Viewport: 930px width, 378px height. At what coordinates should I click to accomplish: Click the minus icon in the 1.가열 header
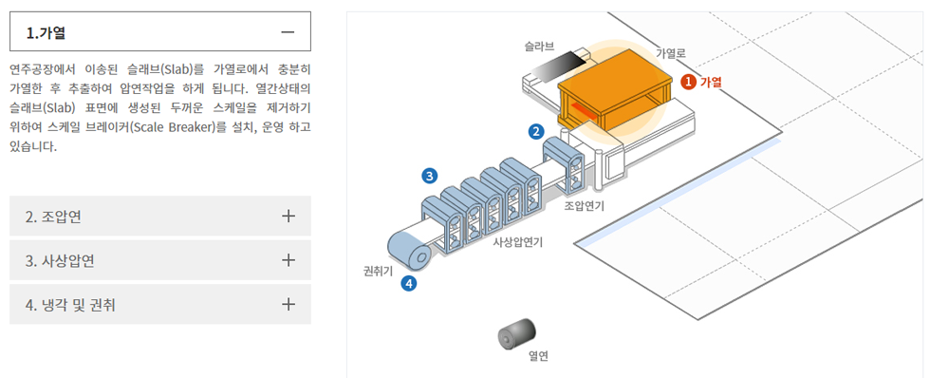[x=288, y=32]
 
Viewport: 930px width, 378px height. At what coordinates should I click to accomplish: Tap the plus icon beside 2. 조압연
[x=288, y=216]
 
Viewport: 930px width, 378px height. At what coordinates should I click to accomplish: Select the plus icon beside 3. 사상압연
[x=288, y=260]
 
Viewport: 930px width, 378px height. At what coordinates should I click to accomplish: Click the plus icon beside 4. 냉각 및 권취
[x=288, y=305]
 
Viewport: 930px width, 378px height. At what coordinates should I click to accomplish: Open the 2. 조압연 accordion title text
[x=53, y=217]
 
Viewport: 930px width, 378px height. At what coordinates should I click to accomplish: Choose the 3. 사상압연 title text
[x=60, y=260]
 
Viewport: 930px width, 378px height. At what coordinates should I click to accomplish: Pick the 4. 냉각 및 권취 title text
[x=70, y=305]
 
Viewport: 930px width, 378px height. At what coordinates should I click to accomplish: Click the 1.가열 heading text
[x=46, y=32]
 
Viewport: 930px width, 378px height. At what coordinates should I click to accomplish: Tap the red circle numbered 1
[x=688, y=82]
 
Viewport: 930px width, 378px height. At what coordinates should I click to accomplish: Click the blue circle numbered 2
[x=536, y=132]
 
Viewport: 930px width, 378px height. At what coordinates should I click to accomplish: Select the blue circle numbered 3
[x=429, y=176]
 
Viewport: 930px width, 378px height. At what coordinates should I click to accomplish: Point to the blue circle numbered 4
[x=408, y=284]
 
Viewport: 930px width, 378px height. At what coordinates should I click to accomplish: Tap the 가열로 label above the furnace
[x=670, y=53]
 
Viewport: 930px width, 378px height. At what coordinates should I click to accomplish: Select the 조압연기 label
[x=584, y=206]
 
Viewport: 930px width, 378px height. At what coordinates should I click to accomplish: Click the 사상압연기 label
[x=517, y=241]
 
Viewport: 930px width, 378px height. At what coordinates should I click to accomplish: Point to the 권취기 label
[x=378, y=272]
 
